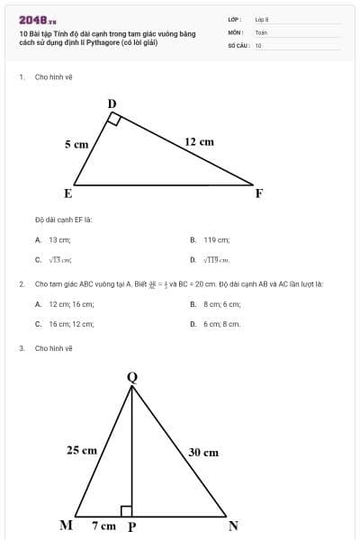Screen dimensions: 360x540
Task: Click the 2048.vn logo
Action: [x=38, y=19]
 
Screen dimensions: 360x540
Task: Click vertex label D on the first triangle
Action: [x=112, y=103]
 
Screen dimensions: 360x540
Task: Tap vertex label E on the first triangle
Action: [x=67, y=193]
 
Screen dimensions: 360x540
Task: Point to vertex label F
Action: [x=259, y=193]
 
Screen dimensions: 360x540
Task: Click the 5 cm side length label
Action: [x=76, y=144]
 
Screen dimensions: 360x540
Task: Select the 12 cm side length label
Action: [x=199, y=141]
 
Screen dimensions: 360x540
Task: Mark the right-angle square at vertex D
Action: [x=114, y=120]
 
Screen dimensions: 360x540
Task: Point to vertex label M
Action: [x=66, y=526]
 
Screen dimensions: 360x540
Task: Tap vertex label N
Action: [x=232, y=526]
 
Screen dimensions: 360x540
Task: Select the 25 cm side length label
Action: [x=82, y=450]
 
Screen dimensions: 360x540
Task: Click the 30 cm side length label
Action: [x=203, y=453]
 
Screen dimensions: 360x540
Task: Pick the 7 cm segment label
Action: [x=103, y=526]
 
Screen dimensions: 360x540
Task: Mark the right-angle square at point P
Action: [x=127, y=511]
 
